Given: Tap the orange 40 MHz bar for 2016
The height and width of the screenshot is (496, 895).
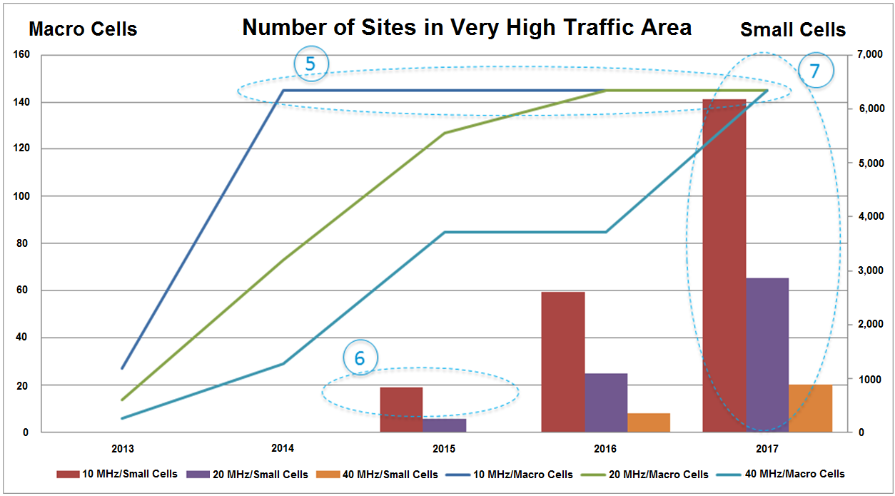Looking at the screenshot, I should (x=649, y=422).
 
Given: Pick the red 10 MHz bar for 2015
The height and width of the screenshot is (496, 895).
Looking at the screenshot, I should (x=401, y=410).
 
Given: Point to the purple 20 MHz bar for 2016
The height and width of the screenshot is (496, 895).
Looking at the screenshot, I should (x=606, y=403).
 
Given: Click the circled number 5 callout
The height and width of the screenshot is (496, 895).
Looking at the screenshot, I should (x=310, y=64).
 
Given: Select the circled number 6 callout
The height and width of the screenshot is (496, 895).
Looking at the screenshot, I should (x=360, y=358).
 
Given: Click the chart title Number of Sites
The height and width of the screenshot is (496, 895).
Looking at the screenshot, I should (x=467, y=27).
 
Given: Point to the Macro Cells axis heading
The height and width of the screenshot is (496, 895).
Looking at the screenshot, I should (x=83, y=29).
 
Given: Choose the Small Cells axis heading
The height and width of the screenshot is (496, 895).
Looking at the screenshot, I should (x=792, y=30).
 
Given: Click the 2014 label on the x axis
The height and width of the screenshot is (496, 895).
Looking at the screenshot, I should (x=283, y=450).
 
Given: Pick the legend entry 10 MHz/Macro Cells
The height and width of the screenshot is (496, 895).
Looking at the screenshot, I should (x=508, y=475).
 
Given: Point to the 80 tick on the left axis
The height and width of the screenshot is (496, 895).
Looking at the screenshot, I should (x=23, y=243).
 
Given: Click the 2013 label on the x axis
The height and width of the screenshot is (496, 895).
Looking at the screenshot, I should (x=122, y=450).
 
